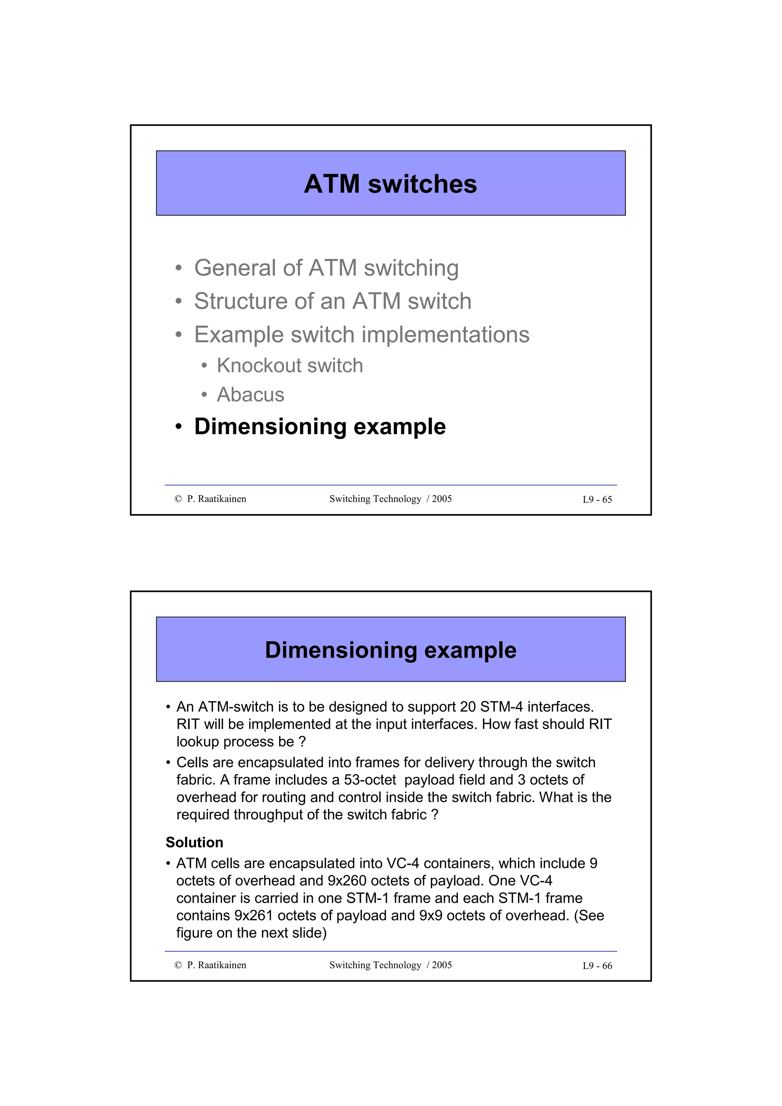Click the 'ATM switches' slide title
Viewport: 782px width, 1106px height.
tap(390, 184)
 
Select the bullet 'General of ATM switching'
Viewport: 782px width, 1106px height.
tap(326, 268)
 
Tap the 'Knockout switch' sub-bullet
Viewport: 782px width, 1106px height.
tap(289, 366)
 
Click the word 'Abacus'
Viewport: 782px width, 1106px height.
tap(250, 395)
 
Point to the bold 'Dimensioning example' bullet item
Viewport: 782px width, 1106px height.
tap(320, 427)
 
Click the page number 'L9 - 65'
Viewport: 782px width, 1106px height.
tap(597, 500)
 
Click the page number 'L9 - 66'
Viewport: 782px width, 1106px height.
tap(597, 966)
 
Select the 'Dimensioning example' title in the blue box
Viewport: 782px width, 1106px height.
tap(390, 650)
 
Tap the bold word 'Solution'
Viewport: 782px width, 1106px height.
tap(195, 843)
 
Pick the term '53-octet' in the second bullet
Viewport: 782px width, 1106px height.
tap(370, 780)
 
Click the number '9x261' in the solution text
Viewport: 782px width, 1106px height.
tap(254, 915)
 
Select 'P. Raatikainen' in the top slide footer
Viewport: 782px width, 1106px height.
tap(217, 499)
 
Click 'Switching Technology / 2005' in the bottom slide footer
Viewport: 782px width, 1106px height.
tap(390, 965)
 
